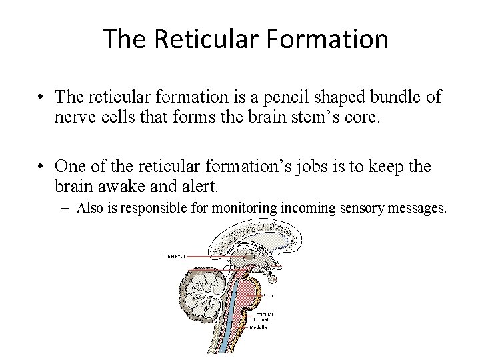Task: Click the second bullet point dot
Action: point(42,165)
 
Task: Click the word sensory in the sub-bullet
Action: point(361,209)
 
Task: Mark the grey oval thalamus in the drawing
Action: point(249,257)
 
